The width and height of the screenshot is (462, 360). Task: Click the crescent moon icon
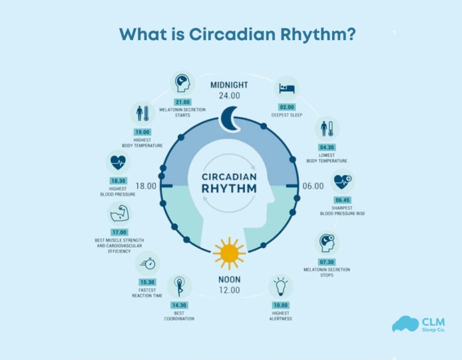(x=229, y=118)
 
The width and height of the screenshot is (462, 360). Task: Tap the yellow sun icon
(x=229, y=253)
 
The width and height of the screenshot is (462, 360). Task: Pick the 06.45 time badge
(x=342, y=200)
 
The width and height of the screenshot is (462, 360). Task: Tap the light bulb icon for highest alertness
(x=280, y=287)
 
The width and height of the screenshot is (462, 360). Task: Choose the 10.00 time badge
(x=281, y=305)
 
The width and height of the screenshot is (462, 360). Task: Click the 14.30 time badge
(x=180, y=305)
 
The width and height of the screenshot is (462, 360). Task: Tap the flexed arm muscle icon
(x=119, y=213)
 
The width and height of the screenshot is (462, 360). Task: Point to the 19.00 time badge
(x=143, y=132)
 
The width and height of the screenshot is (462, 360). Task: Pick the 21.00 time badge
(x=182, y=102)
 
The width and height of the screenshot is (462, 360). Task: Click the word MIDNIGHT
(x=229, y=85)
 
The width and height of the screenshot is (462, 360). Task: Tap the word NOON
(x=229, y=279)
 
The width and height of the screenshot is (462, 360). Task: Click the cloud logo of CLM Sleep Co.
(x=404, y=324)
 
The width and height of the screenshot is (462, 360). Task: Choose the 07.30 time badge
(x=327, y=263)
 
